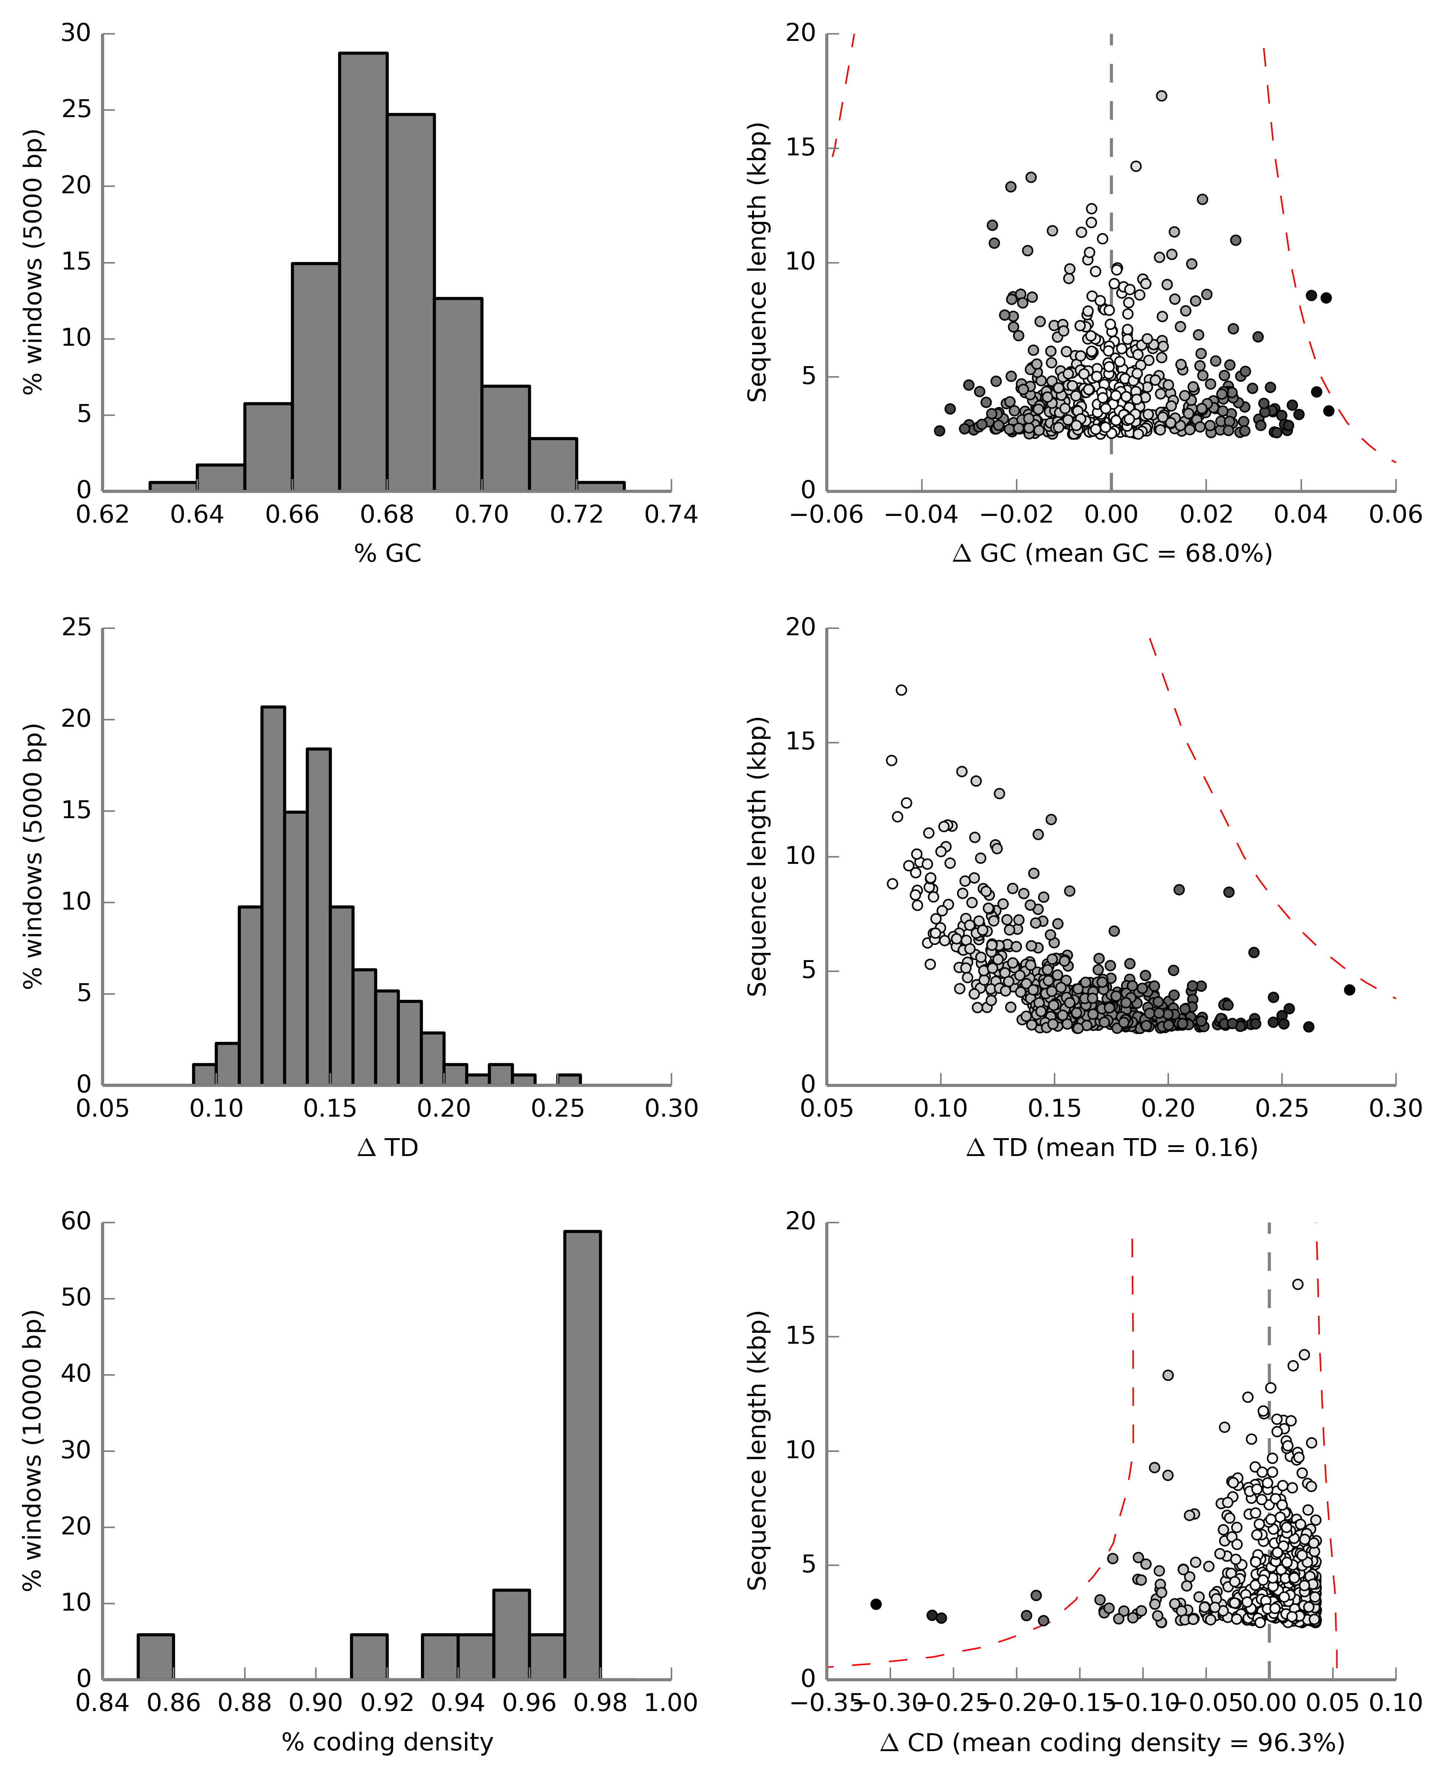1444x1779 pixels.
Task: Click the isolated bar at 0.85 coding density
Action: tap(156, 1656)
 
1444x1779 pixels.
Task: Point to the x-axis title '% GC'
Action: tap(388, 553)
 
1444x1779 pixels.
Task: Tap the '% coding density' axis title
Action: tap(388, 1741)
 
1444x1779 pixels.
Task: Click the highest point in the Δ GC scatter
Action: tap(1161, 96)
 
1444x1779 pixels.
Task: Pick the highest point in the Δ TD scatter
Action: tap(901, 690)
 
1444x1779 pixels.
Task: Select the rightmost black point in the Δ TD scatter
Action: tap(1349, 989)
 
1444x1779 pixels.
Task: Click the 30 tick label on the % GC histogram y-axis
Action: tap(76, 33)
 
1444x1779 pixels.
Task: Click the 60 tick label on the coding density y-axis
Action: tap(76, 1221)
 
